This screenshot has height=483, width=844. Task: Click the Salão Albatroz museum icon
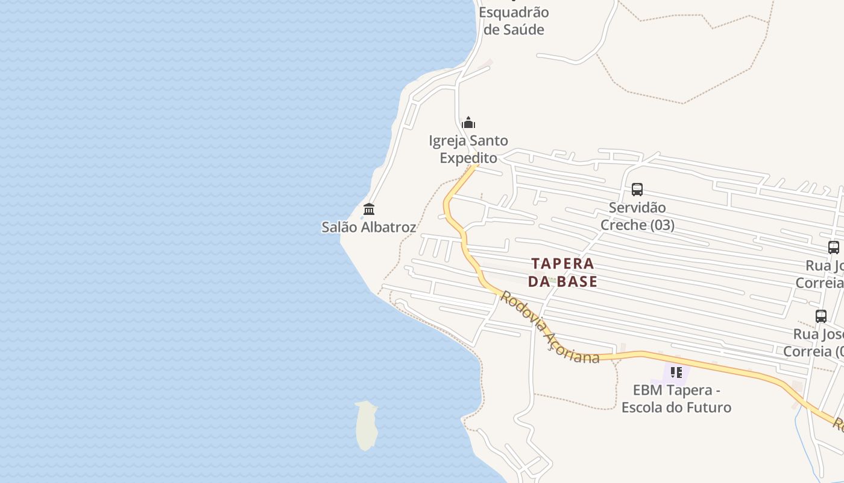point(369,209)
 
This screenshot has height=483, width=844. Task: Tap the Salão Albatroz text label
point(368,228)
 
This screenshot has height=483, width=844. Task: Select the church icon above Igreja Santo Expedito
point(468,123)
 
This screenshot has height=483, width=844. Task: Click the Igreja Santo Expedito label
point(468,149)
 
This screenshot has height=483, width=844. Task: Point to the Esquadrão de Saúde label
point(514,21)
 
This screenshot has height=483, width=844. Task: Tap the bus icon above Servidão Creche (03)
point(637,190)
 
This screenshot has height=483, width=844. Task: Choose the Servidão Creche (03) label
point(637,216)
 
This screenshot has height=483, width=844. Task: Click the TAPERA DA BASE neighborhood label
point(563,272)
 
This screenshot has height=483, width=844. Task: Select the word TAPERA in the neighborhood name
point(563,264)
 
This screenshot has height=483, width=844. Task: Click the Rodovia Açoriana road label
point(550,330)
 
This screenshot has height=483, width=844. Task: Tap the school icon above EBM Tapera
point(676,373)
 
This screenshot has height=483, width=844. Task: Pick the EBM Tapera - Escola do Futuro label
point(676,398)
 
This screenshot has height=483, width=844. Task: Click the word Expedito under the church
point(468,158)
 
